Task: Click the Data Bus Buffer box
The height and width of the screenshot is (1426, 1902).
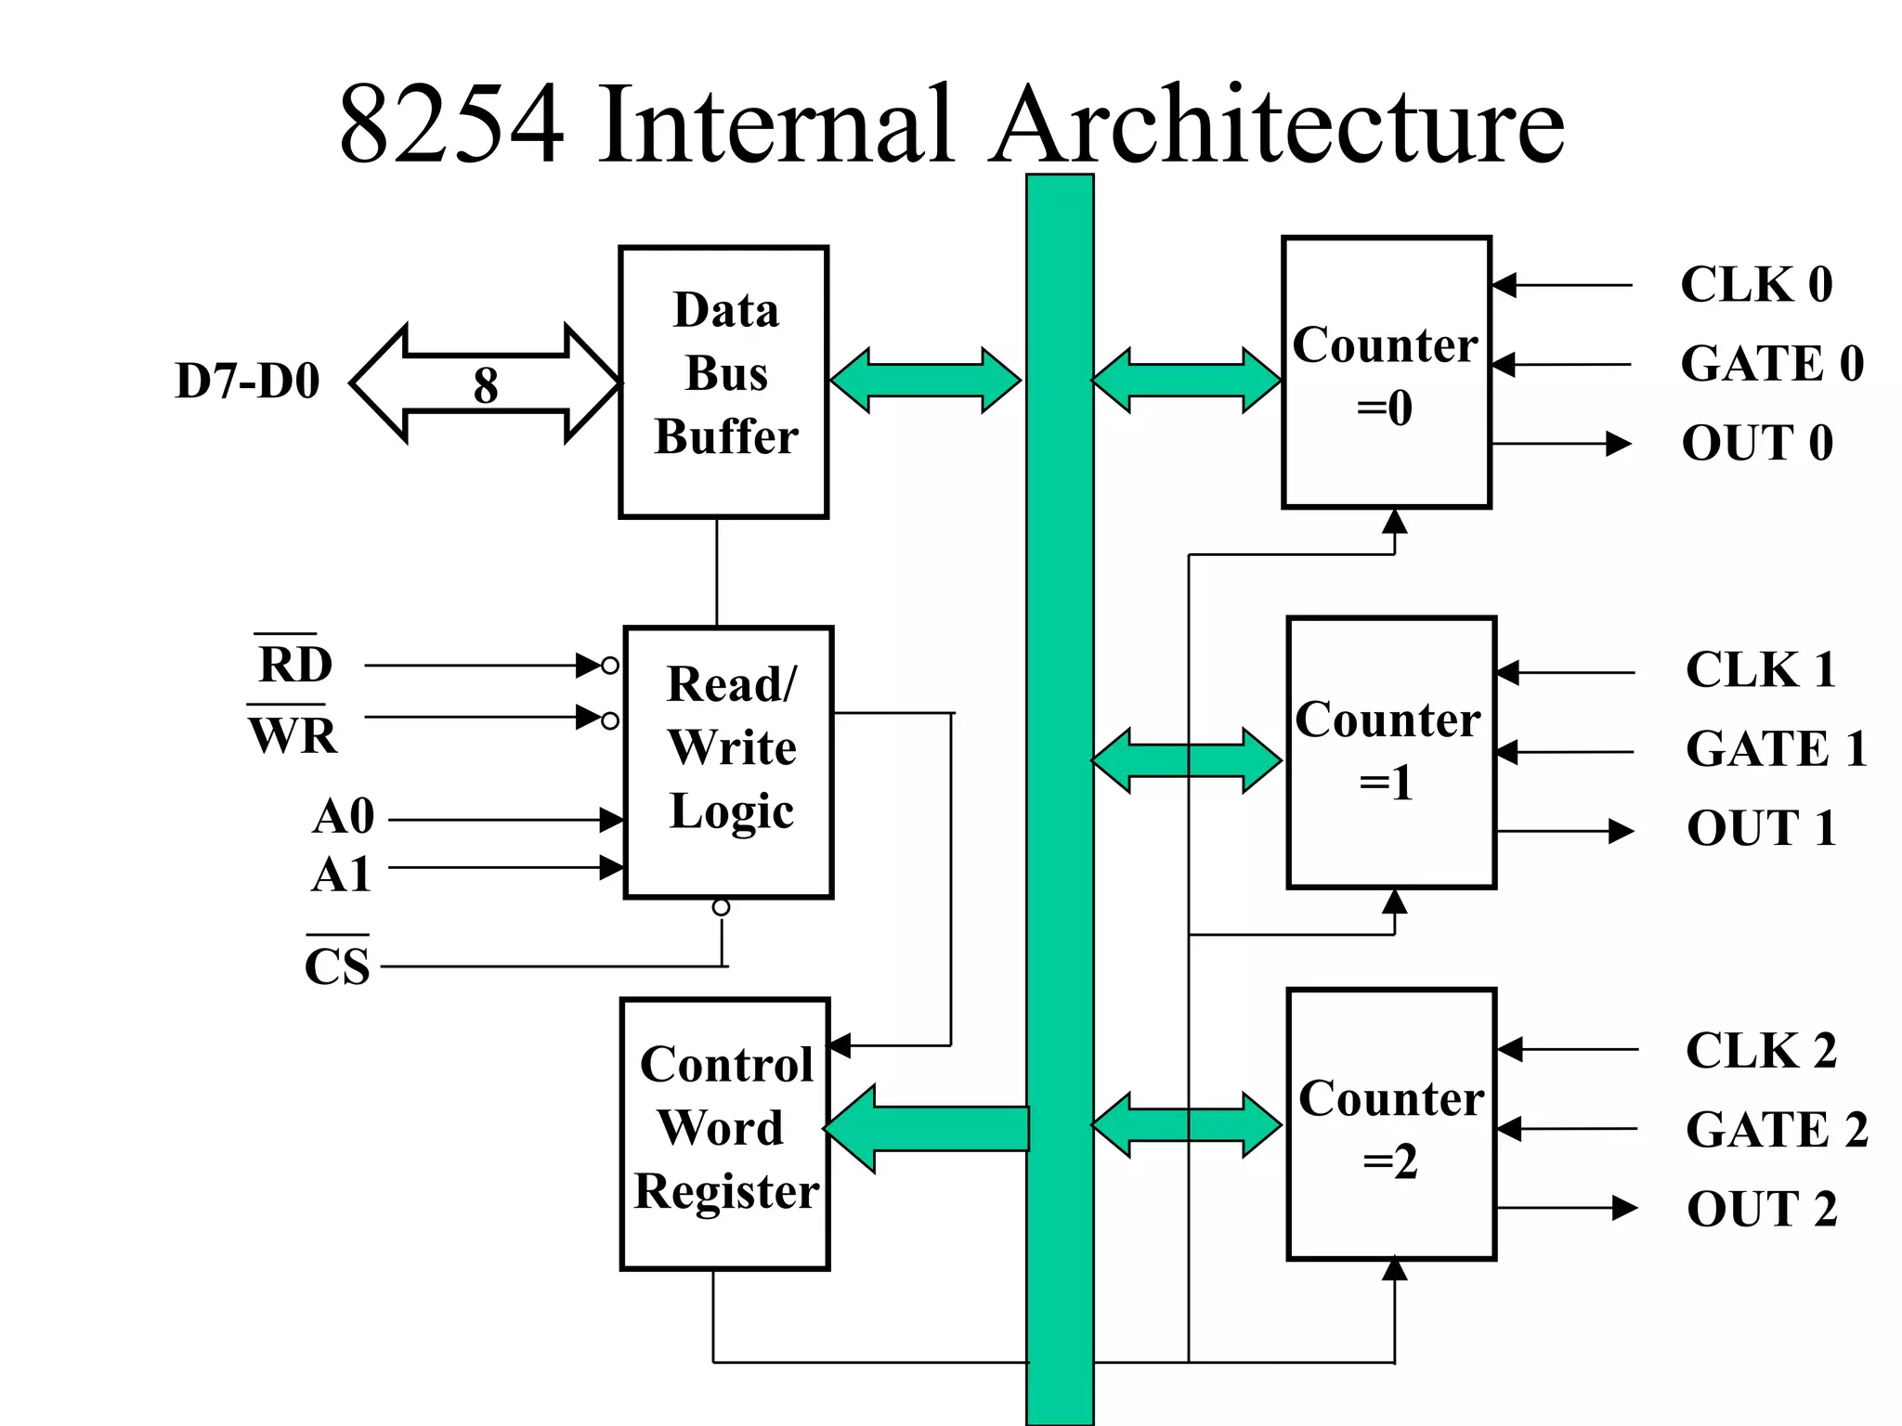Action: coord(723,382)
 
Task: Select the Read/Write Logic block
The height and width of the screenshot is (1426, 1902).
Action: coord(728,761)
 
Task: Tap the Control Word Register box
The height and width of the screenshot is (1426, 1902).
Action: coord(724,1134)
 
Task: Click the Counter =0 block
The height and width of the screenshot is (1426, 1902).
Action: coord(1386,372)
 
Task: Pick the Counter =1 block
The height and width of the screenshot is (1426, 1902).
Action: coord(1390,752)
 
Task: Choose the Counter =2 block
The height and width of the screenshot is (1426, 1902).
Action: coord(1390,1124)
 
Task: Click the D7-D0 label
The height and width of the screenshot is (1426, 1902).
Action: coord(247,381)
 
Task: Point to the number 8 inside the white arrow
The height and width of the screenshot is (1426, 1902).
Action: coord(486,384)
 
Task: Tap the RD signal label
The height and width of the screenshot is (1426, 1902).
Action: coord(294,664)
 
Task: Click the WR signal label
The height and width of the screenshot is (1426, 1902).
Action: coord(293,734)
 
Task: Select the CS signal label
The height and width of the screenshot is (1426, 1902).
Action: coord(337,966)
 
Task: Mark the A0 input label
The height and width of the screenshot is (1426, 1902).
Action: coord(343,817)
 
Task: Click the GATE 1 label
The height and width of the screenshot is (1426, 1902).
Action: coord(1775,748)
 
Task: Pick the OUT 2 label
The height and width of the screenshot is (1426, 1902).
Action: coord(1761,1209)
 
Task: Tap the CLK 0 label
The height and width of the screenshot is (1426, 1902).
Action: coord(1756,284)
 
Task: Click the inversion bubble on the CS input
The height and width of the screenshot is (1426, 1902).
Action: coord(721,907)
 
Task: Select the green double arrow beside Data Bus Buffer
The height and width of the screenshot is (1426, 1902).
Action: coord(925,381)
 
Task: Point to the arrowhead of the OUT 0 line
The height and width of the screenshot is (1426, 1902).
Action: coord(1618,444)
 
